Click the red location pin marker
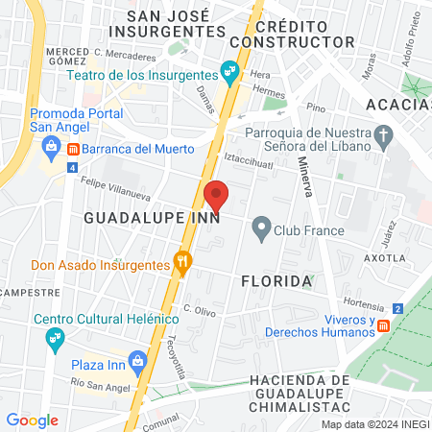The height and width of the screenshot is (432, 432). click(x=217, y=195)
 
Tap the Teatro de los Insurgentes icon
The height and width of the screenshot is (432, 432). click(x=229, y=71)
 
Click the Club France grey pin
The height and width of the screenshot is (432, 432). click(x=260, y=228)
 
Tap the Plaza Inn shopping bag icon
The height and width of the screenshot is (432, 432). click(x=138, y=363)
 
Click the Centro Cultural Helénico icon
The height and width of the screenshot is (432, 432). click(x=55, y=337)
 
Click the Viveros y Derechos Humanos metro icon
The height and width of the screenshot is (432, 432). click(x=383, y=324)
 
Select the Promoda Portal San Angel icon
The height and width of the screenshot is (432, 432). click(x=50, y=146)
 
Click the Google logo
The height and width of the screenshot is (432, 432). click(x=32, y=420)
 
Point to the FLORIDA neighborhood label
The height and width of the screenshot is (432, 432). click(x=276, y=281)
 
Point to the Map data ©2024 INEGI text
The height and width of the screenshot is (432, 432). click(x=374, y=423)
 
